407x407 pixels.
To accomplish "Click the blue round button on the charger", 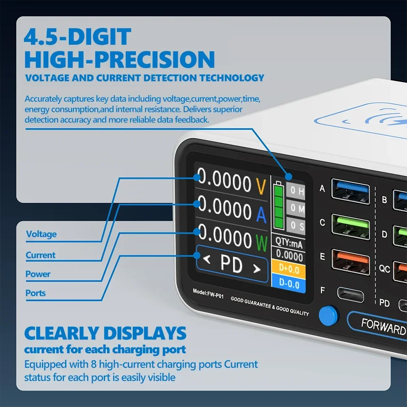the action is click(328, 316).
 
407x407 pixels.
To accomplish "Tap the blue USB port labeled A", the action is click(350, 191).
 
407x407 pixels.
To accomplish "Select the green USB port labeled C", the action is click(351, 227).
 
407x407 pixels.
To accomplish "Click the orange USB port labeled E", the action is click(351, 262).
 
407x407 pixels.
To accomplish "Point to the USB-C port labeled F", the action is click(350, 295).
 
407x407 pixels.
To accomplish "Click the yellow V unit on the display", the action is click(261, 186).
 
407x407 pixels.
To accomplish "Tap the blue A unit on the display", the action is click(261, 214).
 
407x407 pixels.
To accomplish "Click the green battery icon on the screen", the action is click(279, 205).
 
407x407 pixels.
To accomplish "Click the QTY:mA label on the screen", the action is click(289, 243).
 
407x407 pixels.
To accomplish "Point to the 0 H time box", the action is click(295, 190).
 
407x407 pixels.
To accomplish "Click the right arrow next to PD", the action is click(257, 269).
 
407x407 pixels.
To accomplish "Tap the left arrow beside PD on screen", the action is click(207, 259).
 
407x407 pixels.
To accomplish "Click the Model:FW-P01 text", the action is click(208, 293).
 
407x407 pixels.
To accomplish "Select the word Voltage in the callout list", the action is click(41, 234).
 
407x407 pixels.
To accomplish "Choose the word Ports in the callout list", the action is click(35, 293).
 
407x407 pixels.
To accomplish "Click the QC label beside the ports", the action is click(385, 269).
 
